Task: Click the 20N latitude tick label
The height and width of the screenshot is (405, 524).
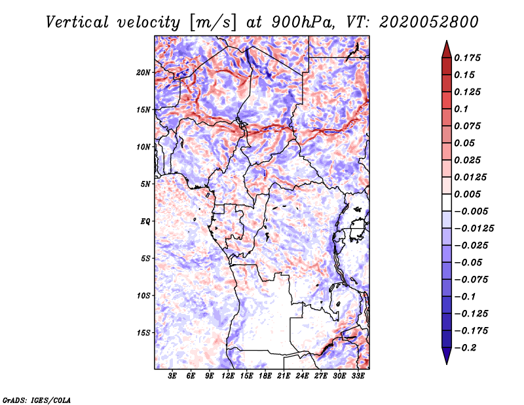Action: pyautogui.click(x=143, y=72)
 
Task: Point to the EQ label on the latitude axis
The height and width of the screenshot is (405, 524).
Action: pyautogui.click(x=145, y=222)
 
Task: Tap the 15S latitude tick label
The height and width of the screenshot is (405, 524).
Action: pyautogui.click(x=143, y=333)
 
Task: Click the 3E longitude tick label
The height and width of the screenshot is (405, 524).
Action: pyautogui.click(x=172, y=377)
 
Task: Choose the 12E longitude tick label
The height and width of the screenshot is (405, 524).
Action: pyautogui.click(x=229, y=377)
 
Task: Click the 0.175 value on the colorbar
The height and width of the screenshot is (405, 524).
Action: pyautogui.click(x=468, y=58)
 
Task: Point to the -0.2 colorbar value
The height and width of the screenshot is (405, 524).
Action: pyautogui.click(x=466, y=347)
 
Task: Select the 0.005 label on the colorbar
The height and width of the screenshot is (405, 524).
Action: pyautogui.click(x=468, y=194)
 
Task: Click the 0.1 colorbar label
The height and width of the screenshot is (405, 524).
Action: pyautogui.click(x=462, y=109)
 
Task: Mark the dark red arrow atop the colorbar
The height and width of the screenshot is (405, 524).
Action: pyautogui.click(x=446, y=48)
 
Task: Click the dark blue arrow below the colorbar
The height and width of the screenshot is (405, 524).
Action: pyautogui.click(x=446, y=355)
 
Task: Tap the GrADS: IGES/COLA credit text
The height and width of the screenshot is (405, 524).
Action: pyautogui.click(x=36, y=399)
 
